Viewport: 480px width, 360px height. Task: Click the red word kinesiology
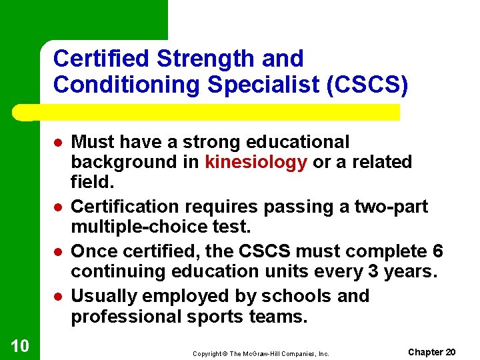pyautogui.click(x=256, y=162)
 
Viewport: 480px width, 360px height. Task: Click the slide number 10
pyautogui.click(x=20, y=345)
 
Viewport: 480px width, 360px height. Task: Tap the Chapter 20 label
pyautogui.click(x=432, y=351)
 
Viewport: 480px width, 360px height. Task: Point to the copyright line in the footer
pyautogui.click(x=261, y=353)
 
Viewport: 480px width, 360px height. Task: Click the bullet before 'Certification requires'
pyautogui.click(x=59, y=208)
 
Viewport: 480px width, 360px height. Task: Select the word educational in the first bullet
pyautogui.click(x=299, y=142)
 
